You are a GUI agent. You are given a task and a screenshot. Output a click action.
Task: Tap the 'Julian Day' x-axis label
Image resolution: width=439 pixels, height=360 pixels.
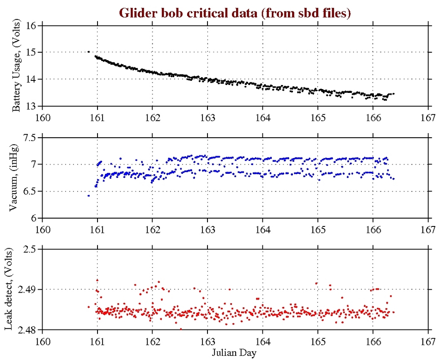coord(235,352)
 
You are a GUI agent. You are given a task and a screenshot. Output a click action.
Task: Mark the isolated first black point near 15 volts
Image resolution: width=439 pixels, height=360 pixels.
coord(88,52)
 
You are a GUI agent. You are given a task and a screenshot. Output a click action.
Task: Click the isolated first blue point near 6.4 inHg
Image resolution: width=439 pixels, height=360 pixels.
coord(88,195)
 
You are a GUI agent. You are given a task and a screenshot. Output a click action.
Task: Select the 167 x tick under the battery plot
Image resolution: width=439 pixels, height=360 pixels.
coord(428,116)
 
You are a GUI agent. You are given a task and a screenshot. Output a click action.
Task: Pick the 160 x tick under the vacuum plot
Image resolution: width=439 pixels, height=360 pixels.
coord(43,228)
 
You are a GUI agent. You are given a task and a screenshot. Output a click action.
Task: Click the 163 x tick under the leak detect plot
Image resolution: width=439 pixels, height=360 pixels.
coord(207,340)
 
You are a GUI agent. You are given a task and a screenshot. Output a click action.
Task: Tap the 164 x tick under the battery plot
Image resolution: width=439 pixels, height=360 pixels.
coord(262,116)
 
